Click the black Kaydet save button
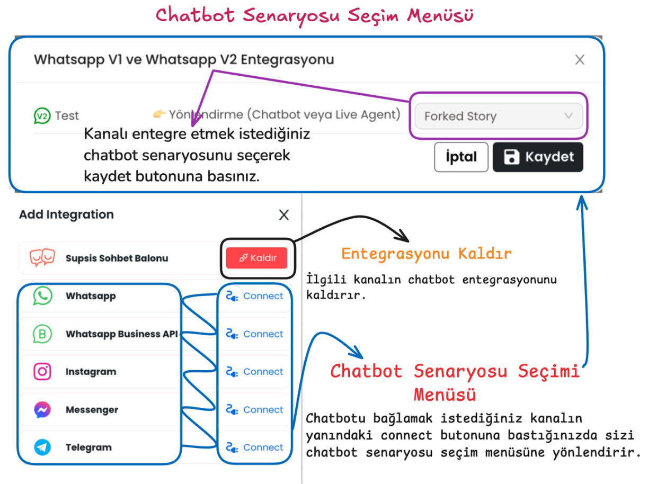click(x=538, y=157)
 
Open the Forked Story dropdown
click(x=499, y=116)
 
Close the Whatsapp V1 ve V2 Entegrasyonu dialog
click(x=580, y=60)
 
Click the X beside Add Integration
click(x=283, y=215)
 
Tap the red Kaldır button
click(x=256, y=258)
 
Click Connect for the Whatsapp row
click(x=254, y=296)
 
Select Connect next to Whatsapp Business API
click(x=254, y=334)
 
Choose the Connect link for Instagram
click(x=254, y=372)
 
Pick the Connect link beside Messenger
click(x=254, y=409)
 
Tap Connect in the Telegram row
click(x=254, y=447)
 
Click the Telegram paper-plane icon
click(x=42, y=447)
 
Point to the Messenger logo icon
click(x=42, y=409)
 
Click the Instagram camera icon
click(x=42, y=372)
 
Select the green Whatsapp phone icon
click(x=42, y=296)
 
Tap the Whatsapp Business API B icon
click(x=42, y=334)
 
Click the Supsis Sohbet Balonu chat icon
click(x=42, y=257)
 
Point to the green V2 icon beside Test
click(x=42, y=116)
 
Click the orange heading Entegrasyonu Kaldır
click(x=427, y=254)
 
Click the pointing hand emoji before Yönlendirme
click(x=159, y=114)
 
